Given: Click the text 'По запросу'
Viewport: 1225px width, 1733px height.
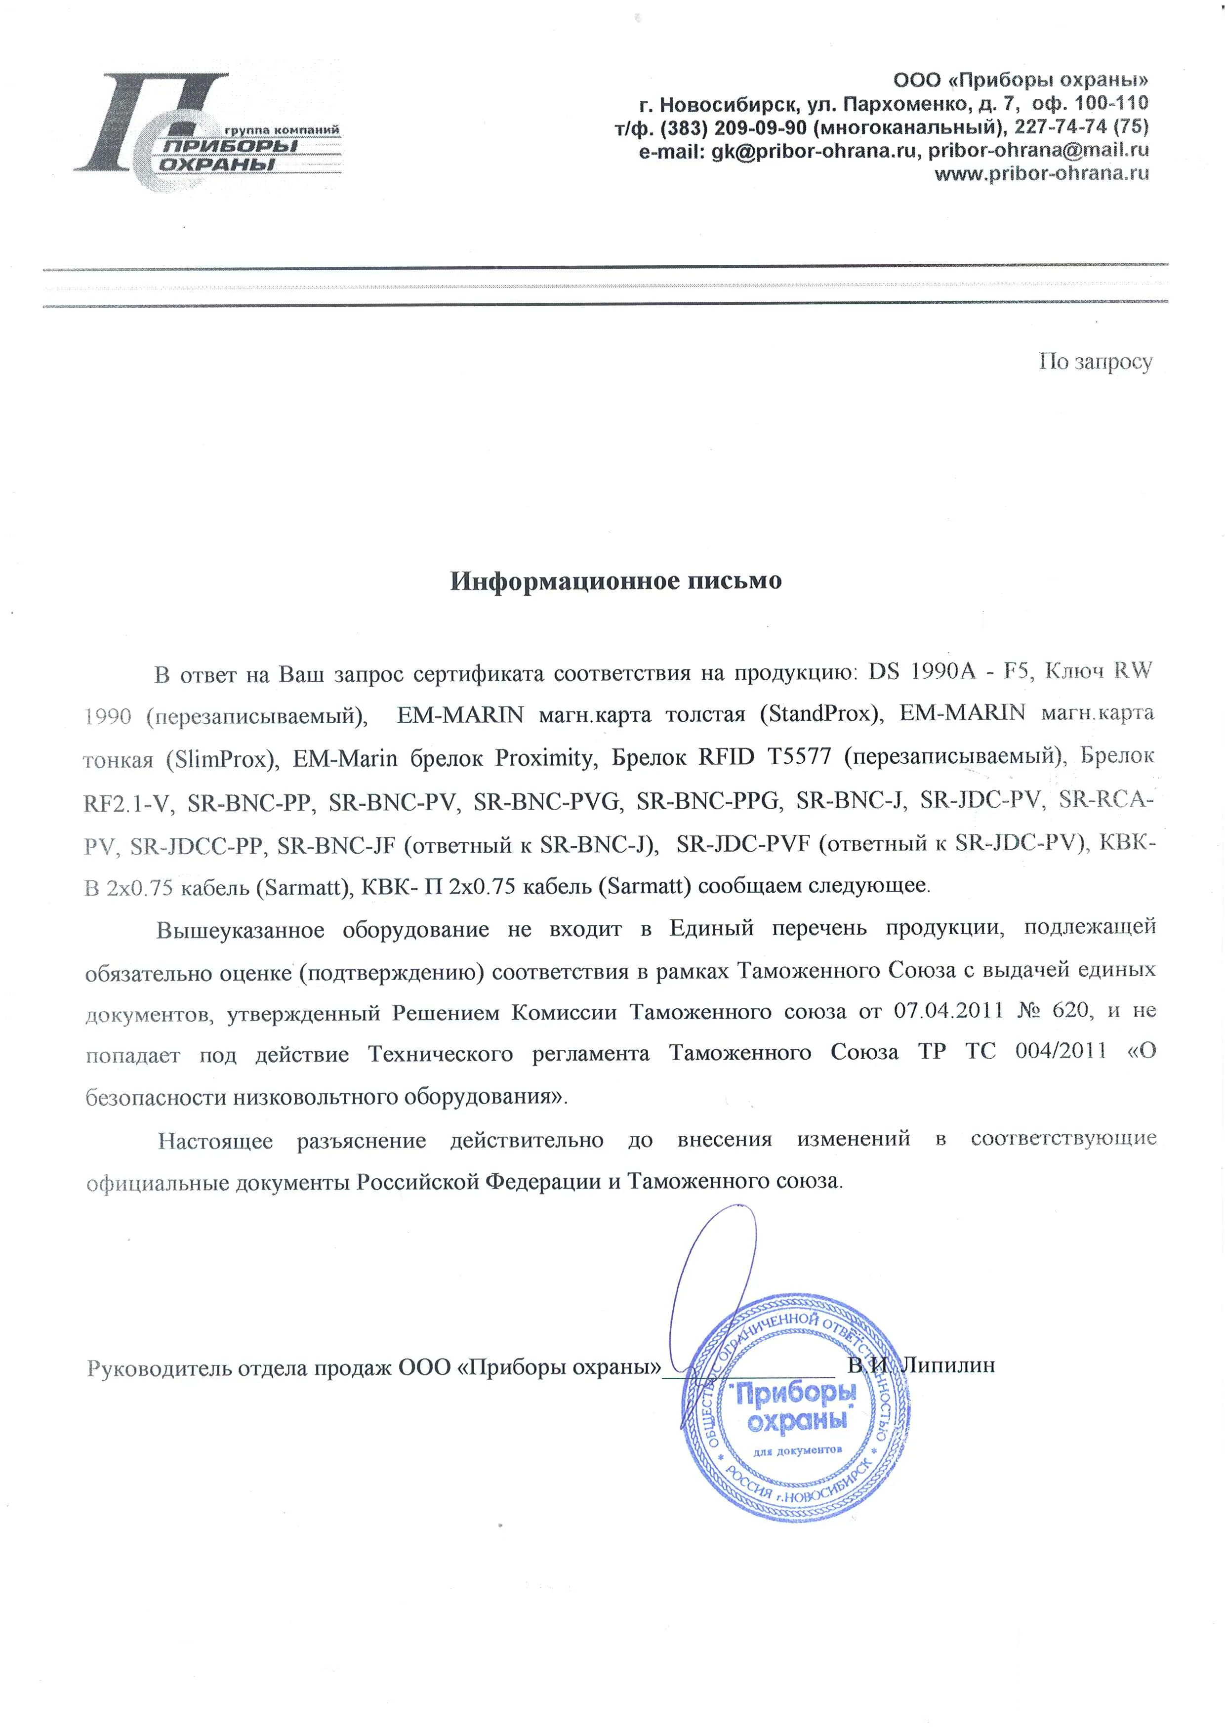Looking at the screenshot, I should (1095, 362).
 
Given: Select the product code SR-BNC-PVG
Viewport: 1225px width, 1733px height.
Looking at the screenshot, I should (548, 802).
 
